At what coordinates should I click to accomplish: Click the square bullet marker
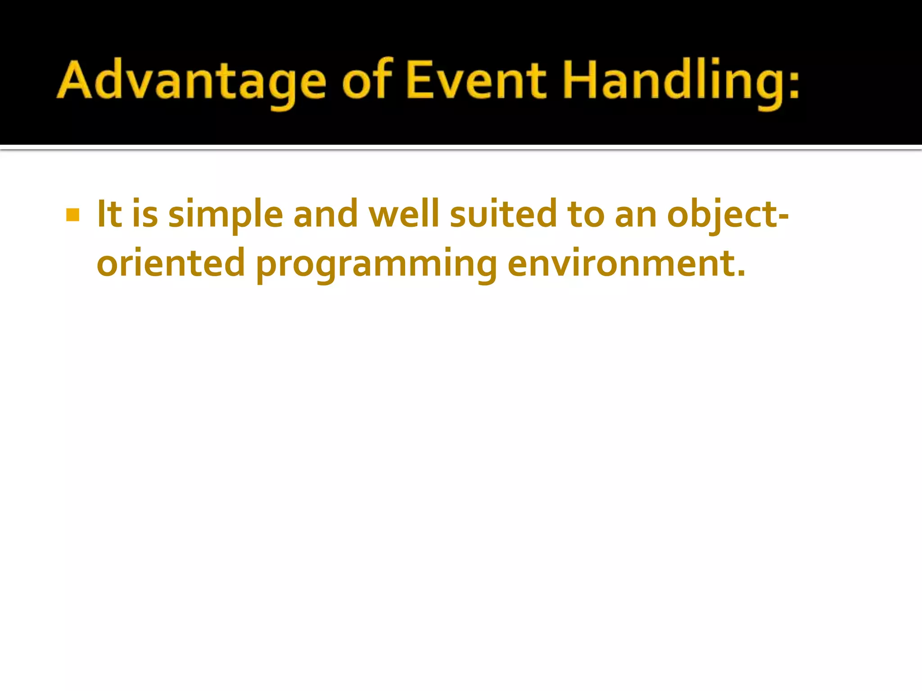(72, 215)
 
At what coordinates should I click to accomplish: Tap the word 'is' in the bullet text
(145, 214)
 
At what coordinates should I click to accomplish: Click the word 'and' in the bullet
(325, 214)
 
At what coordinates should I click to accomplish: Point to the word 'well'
(403, 214)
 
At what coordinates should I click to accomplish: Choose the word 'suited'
(503, 214)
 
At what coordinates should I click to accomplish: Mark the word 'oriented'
(171, 264)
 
